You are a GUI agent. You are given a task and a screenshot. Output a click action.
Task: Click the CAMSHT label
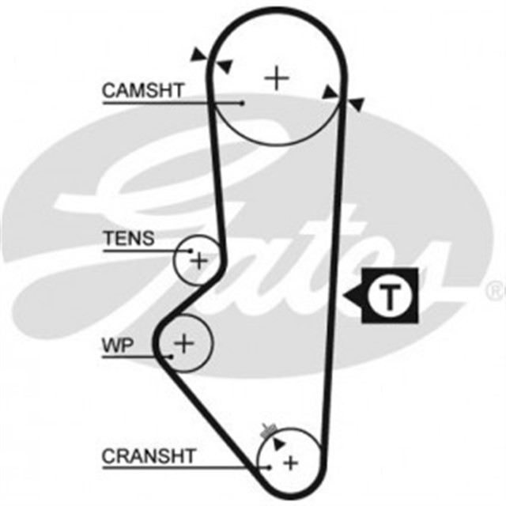(142, 91)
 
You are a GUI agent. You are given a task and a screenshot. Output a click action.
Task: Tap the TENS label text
(129, 238)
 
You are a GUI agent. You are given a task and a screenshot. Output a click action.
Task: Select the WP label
(118, 345)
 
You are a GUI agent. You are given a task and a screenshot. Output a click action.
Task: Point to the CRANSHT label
(148, 456)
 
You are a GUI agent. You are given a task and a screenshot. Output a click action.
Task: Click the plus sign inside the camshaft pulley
(277, 77)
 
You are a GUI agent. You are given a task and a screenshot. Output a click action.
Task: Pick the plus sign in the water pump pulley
(184, 343)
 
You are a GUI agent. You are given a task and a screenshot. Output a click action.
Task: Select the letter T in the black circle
(388, 296)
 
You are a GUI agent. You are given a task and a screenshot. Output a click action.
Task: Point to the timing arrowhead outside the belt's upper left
(198, 53)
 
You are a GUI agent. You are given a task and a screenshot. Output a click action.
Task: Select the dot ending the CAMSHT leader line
(243, 102)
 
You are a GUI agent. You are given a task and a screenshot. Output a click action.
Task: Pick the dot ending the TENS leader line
(191, 251)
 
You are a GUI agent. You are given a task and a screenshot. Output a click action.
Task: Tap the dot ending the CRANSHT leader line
(270, 467)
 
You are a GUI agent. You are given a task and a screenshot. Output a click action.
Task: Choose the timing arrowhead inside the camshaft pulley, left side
(225, 65)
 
